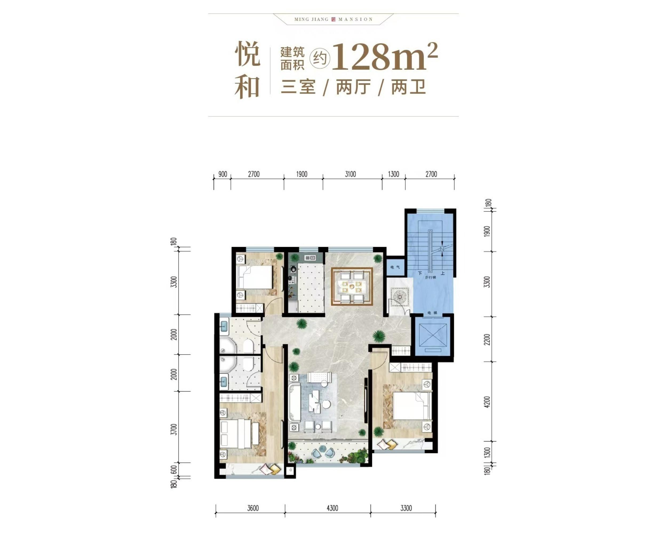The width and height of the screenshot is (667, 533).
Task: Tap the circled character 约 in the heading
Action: (x=320, y=58)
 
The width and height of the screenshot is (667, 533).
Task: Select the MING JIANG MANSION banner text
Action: (x=333, y=19)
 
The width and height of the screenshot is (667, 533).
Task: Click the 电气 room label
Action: (x=395, y=267)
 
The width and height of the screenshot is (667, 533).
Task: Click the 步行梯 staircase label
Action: (x=430, y=277)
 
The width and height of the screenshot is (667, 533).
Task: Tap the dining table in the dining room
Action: (x=352, y=286)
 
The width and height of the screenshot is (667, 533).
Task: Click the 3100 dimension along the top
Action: (x=350, y=174)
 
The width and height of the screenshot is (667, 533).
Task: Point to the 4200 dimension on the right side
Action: (x=487, y=402)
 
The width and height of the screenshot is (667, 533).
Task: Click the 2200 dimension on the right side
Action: (x=487, y=339)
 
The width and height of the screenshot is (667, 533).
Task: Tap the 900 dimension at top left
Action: (x=223, y=174)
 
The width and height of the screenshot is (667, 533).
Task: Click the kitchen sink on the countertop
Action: (x=310, y=258)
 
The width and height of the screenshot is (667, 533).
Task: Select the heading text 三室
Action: (x=298, y=87)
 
